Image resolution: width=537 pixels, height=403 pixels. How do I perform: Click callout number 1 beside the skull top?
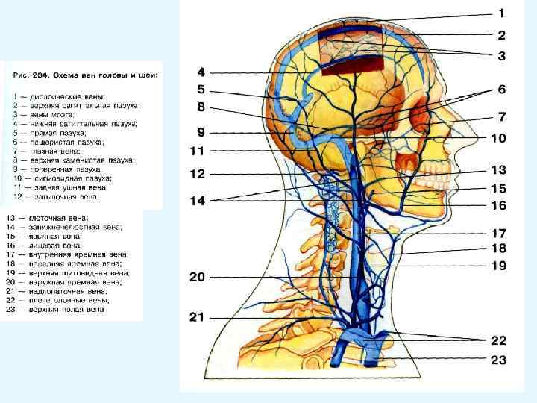point(501,13)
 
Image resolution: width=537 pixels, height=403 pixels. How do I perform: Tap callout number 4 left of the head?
point(200,72)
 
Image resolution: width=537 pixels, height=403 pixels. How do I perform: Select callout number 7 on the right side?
point(502,116)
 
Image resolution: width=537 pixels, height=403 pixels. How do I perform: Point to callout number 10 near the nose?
point(498,138)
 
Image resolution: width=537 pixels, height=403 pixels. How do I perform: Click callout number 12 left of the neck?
point(196,174)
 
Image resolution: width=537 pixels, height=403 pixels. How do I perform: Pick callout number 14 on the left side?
point(196,200)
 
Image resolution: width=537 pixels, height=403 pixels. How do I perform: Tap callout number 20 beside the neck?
point(196,277)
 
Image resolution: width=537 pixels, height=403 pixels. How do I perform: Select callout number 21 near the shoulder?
point(196,317)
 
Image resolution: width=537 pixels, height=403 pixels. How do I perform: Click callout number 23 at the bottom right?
point(498,360)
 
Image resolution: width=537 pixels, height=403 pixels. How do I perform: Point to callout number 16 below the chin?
point(498,204)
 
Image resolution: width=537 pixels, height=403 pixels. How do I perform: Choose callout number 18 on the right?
point(498,248)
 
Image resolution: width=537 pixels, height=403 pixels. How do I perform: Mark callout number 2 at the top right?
point(501,34)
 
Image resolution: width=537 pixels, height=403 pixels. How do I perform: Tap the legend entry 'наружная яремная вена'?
point(71,282)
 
